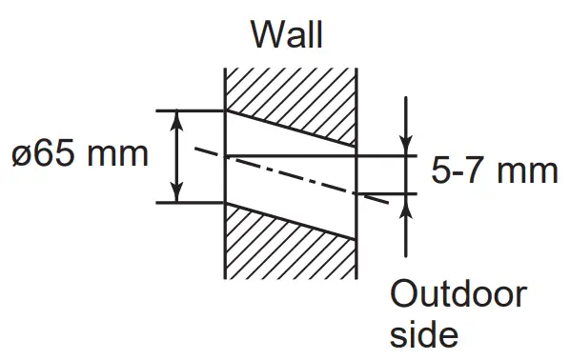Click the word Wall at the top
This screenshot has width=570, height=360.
click(x=286, y=34)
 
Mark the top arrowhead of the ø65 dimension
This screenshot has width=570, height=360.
click(x=178, y=118)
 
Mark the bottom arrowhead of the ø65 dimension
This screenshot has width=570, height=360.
click(x=178, y=194)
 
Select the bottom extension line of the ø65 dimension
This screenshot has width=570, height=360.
click(x=191, y=202)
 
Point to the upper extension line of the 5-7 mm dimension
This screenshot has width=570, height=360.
click(x=386, y=153)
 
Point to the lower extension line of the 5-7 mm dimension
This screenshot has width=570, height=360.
click(x=386, y=193)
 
